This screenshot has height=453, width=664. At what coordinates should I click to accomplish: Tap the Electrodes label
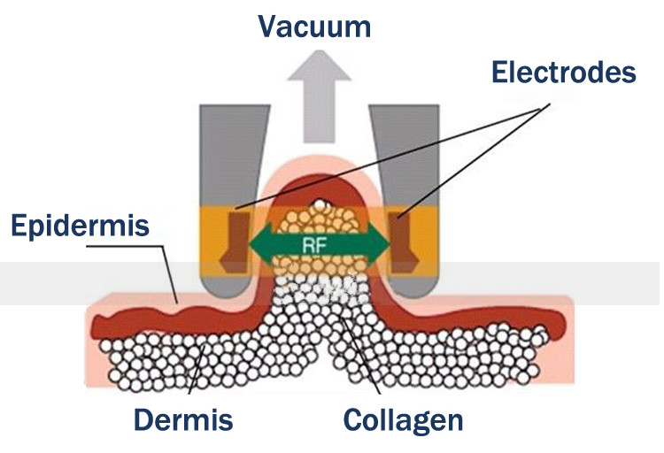(x=565, y=70)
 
